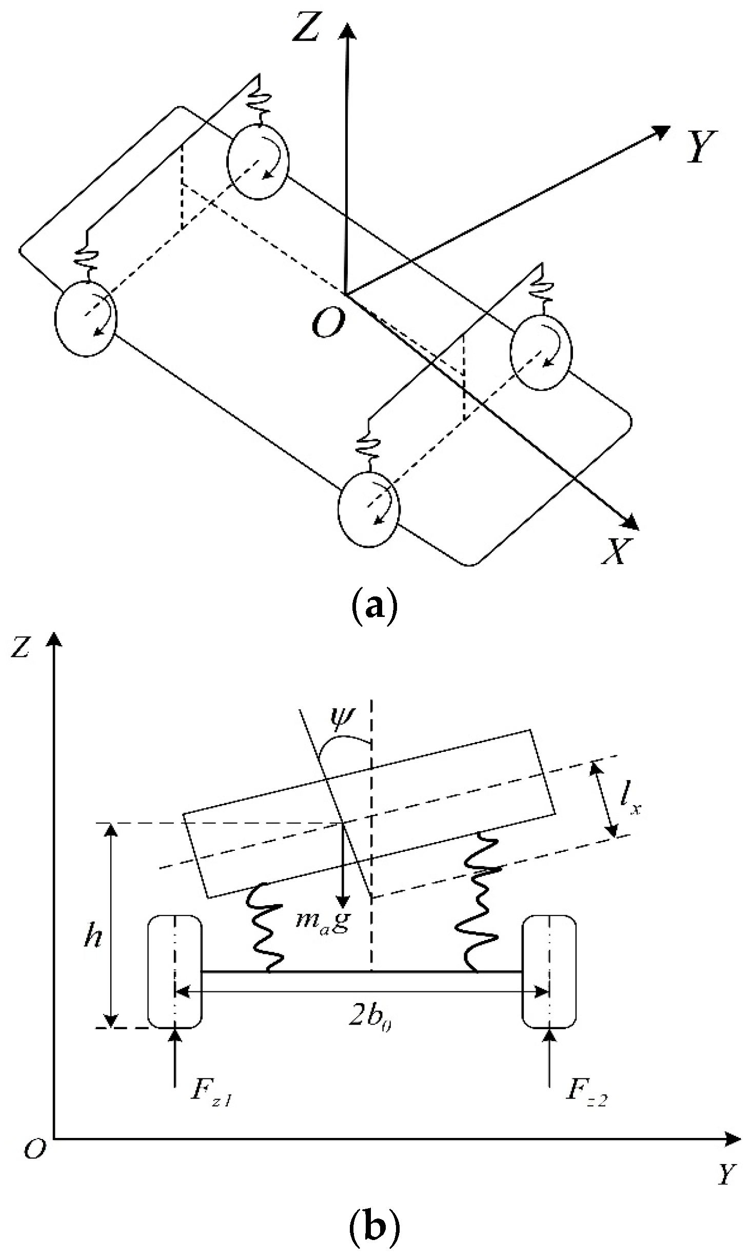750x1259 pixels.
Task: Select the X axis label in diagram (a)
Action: point(616,551)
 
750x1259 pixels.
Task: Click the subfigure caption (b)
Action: point(374,1228)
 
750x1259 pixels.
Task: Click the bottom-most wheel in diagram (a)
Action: point(368,510)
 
